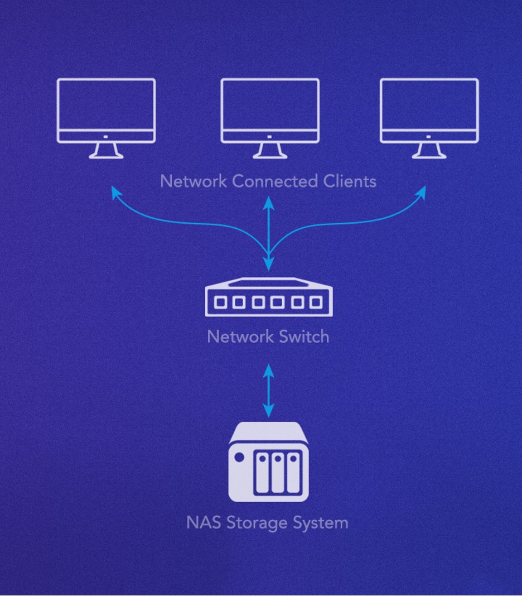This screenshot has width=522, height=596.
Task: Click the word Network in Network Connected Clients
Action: (194, 181)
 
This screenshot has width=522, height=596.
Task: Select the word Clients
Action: (350, 181)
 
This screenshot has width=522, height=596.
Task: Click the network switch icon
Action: (269, 297)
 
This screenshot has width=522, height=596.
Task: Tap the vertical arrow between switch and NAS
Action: (269, 391)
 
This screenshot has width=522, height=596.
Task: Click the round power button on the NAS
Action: (240, 458)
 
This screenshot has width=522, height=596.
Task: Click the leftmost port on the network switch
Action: (221, 302)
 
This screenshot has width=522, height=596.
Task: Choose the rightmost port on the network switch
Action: (316, 302)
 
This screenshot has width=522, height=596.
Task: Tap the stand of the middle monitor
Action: (270, 150)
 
